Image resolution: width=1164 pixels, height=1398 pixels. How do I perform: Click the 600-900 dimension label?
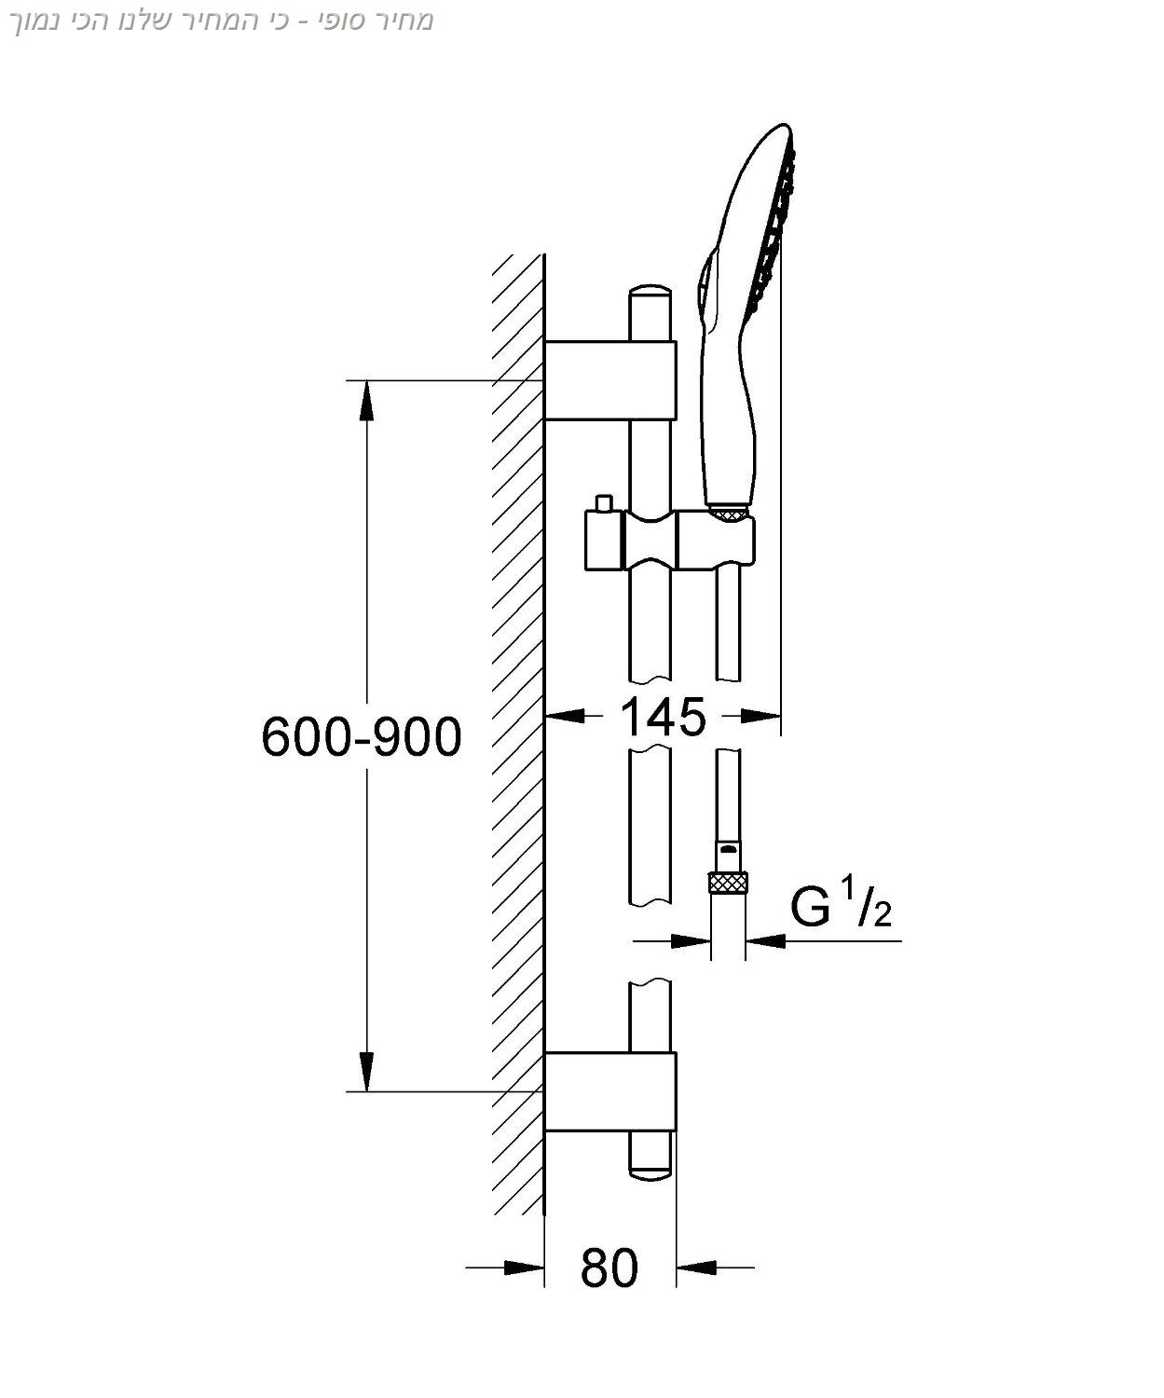[362, 737]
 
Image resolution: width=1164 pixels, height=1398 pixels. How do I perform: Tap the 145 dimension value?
[663, 717]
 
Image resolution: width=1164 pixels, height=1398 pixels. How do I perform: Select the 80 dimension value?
[609, 1268]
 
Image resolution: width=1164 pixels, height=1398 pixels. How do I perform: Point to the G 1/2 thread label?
[840, 907]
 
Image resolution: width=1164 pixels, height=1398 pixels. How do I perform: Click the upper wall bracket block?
[609, 380]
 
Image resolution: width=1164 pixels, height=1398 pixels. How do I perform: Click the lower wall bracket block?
[609, 1091]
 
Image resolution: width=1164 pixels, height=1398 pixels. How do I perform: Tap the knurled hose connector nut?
[728, 882]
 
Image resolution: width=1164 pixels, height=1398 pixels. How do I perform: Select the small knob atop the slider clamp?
[604, 503]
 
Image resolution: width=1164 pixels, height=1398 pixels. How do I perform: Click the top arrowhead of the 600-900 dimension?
[367, 401]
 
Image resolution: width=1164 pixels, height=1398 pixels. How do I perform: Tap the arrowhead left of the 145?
[565, 716]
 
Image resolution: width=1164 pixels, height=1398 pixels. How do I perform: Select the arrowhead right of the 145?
[760, 716]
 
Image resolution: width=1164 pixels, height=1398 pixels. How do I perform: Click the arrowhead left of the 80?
[524, 1268]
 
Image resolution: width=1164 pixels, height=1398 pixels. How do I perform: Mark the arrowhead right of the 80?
[697, 1268]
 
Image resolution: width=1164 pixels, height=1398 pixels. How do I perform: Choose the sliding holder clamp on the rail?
[652, 540]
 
